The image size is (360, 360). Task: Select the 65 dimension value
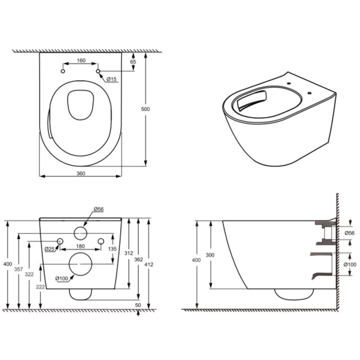click(x=134, y=61)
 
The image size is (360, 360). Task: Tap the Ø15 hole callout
click(x=112, y=79)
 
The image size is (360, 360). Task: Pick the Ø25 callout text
click(x=49, y=249)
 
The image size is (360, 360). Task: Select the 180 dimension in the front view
click(x=81, y=247)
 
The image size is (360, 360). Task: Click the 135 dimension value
click(x=111, y=249)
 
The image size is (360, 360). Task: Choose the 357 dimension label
click(x=18, y=268)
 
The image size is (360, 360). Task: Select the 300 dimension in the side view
click(x=209, y=255)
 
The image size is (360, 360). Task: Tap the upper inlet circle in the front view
click(x=81, y=232)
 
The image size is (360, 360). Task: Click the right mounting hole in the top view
click(x=98, y=71)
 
